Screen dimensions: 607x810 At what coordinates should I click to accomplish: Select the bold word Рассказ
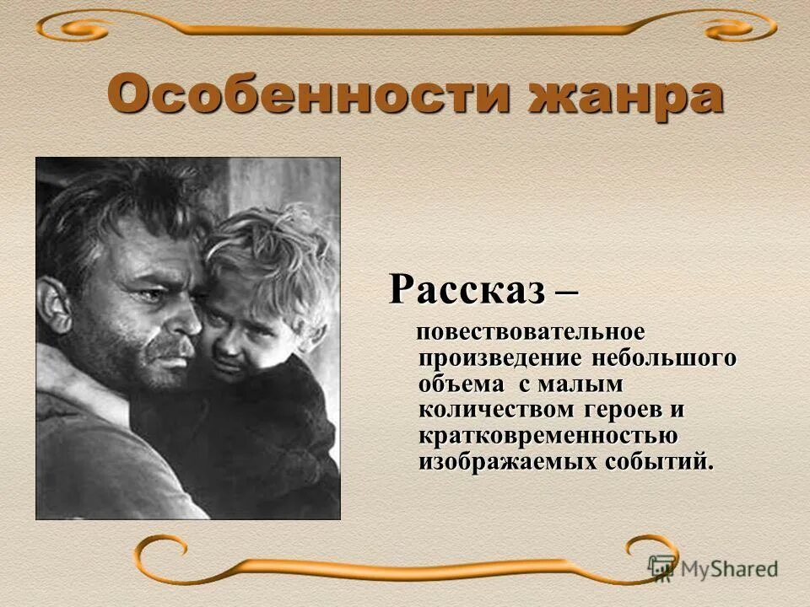pos(467,289)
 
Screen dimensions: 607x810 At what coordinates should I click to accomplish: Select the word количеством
pos(494,410)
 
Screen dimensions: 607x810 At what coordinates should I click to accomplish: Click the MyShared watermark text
pos(729,568)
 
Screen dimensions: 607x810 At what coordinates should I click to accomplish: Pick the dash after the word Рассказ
pos(567,291)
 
